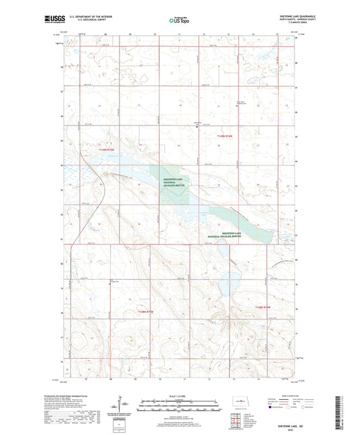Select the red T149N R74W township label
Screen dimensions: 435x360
point(225,136)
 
